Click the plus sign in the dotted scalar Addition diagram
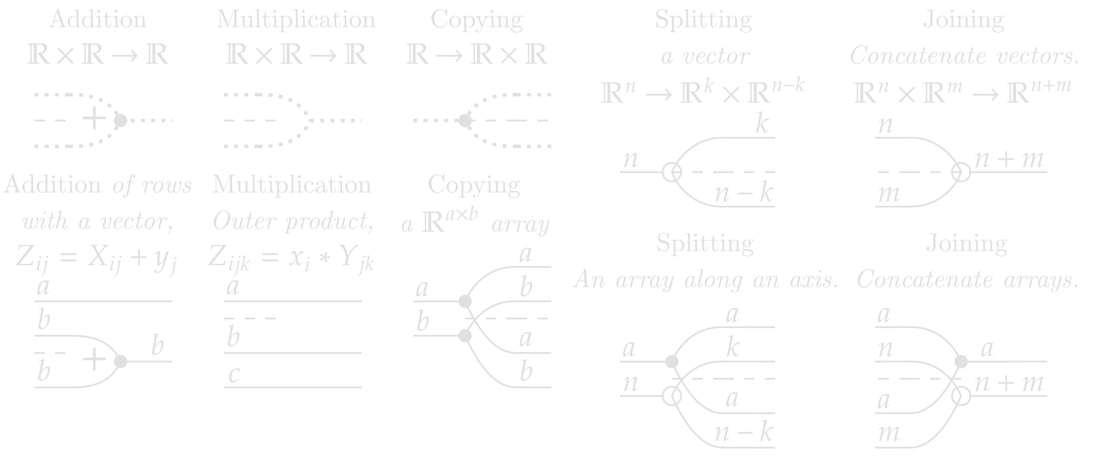coord(94,119)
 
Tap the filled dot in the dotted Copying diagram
coord(465,121)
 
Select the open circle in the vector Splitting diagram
coord(671,172)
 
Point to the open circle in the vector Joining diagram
coord(961,172)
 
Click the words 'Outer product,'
coord(293,222)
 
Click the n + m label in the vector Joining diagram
coord(1009,160)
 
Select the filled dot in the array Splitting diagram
coord(671,362)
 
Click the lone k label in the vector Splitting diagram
coord(762,125)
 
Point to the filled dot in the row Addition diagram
coord(121,362)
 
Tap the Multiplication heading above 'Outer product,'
coord(292,185)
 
